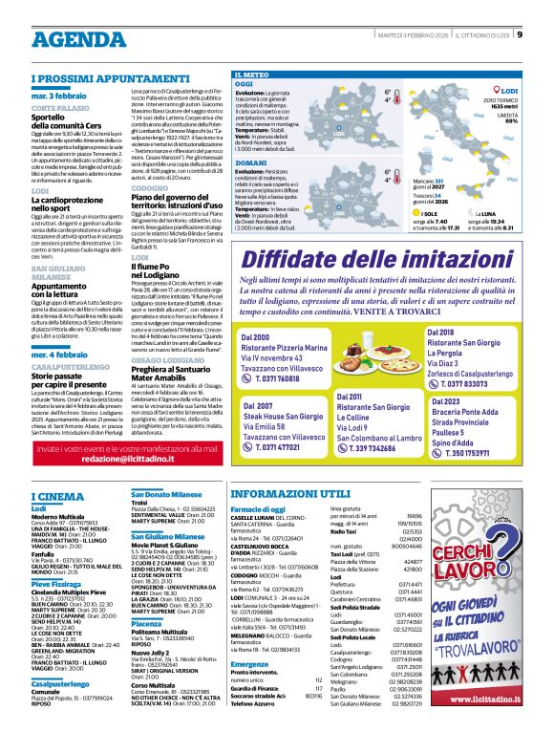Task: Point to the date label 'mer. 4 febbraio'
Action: [x=65, y=327]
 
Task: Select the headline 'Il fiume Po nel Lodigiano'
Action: [x=163, y=267]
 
